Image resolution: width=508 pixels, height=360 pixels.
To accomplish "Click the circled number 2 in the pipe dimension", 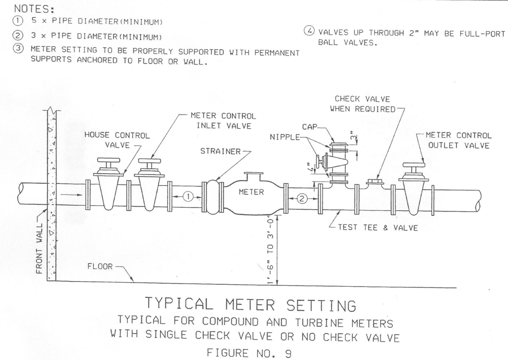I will point(302,199).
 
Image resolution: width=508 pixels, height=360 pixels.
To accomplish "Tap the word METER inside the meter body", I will point(251,192).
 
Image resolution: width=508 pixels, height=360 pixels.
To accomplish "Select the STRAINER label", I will point(220,151).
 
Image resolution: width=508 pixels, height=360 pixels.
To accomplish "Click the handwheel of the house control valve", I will point(108,160).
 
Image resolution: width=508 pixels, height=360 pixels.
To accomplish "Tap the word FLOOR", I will point(100,266).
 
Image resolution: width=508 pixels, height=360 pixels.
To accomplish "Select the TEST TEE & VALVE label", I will point(378,228).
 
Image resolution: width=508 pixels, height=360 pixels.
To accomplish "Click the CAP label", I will point(310,127).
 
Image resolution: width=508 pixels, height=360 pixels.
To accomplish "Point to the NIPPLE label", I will point(285,137).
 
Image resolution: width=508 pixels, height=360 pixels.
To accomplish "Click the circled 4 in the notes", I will point(309,31).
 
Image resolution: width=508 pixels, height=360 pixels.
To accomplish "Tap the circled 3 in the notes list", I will point(17,49).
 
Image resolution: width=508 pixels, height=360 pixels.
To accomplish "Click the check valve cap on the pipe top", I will point(375,182).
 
